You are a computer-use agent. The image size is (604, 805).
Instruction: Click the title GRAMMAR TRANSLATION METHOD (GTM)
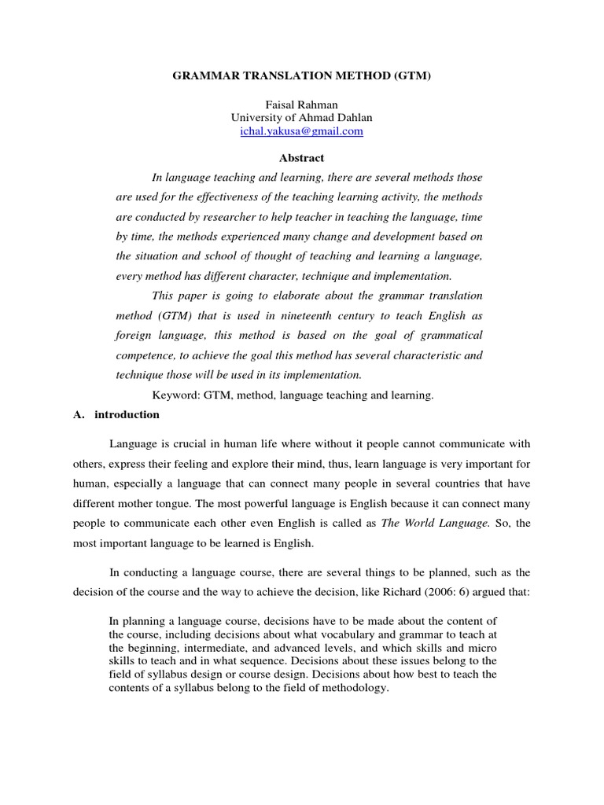(x=301, y=79)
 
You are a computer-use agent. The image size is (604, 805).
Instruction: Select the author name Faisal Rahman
(x=301, y=105)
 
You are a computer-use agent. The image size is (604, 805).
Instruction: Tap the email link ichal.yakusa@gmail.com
(x=301, y=131)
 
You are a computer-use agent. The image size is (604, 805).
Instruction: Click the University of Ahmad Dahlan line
(x=301, y=118)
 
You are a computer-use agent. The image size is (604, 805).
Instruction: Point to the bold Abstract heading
(x=302, y=158)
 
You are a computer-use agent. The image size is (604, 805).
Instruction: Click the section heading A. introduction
(x=116, y=414)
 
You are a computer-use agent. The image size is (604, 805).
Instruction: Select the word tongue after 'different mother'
(x=207, y=502)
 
